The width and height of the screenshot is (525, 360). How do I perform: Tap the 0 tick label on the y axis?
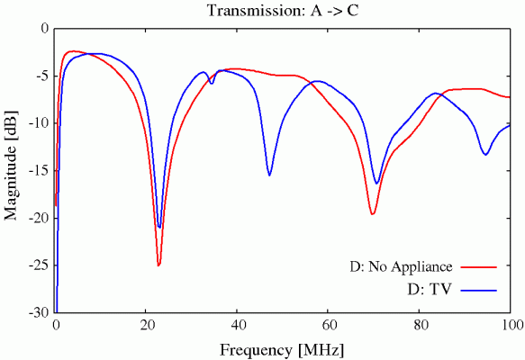(x=45, y=28)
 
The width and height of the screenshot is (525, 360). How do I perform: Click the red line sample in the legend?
(x=480, y=267)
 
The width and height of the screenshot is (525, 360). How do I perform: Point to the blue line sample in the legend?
(x=480, y=290)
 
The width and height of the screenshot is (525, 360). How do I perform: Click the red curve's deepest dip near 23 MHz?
(x=158, y=265)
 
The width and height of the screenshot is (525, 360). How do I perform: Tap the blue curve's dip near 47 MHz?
(x=269, y=175)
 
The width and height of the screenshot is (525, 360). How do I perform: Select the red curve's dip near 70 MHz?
(x=372, y=213)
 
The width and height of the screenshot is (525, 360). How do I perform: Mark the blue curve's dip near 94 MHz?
(x=485, y=155)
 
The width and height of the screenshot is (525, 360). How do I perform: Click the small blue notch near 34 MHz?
(x=212, y=84)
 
